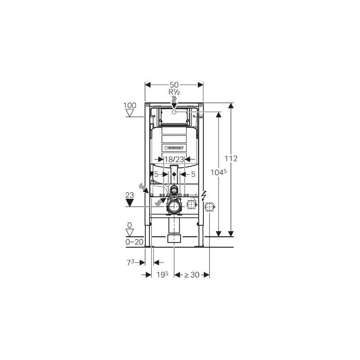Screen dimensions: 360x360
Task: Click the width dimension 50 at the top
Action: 174,85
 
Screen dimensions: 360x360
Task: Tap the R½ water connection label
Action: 174,92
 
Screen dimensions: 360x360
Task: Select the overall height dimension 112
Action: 231,158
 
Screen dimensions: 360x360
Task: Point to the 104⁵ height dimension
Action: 219,172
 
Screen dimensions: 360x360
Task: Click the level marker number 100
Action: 130,106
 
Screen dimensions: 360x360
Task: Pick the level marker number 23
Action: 130,195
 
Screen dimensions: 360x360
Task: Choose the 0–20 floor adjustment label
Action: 135,242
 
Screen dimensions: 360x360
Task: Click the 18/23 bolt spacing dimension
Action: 174,159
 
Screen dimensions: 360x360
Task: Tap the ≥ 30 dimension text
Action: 192,275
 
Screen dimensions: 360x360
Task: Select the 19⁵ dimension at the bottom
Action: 162,274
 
